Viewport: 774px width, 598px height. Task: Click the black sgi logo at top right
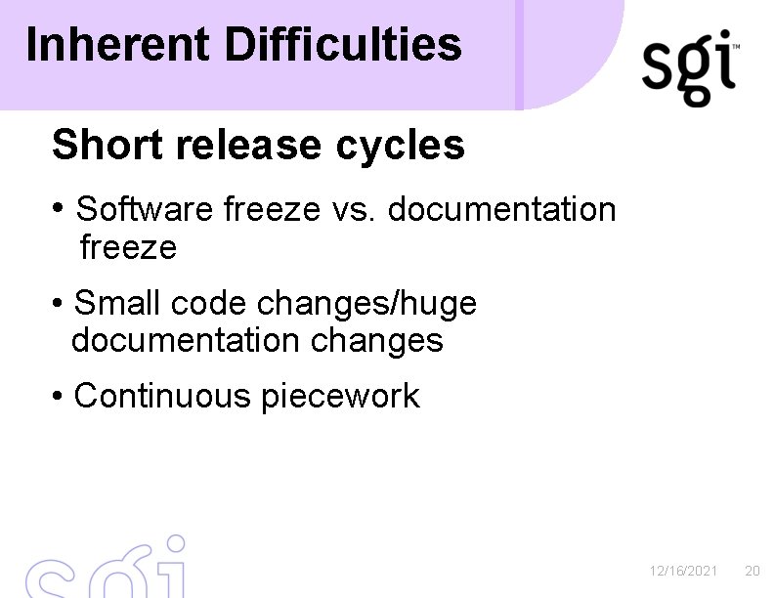pos(689,68)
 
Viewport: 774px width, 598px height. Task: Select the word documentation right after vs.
pos(502,209)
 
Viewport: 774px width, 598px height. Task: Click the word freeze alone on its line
pos(128,248)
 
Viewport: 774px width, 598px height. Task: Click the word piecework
pos(340,398)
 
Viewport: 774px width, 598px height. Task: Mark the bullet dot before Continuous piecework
pos(60,397)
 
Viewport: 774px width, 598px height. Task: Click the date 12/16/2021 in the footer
pos(684,570)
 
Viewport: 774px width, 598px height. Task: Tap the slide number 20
pos(752,570)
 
